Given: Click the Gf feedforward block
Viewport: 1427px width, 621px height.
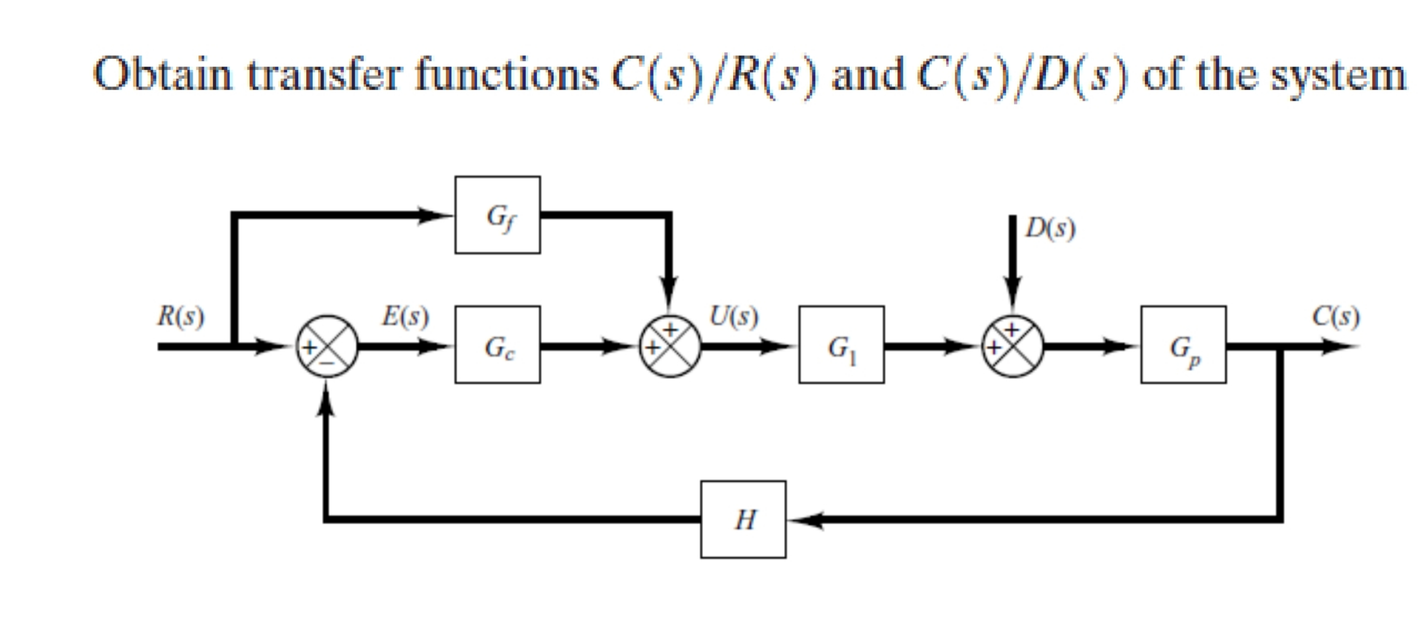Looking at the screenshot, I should point(497,215).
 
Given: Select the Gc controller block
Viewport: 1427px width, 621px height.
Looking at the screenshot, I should point(497,344).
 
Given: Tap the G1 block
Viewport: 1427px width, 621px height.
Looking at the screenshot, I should point(841,344).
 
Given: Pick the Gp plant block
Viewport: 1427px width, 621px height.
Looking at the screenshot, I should point(1183,344).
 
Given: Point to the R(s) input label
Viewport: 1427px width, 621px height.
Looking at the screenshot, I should point(180,316).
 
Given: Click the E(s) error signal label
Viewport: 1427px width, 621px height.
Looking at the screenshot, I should point(405,316).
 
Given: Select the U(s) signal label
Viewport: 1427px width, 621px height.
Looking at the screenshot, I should point(734,316).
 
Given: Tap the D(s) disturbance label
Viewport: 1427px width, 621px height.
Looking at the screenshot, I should point(1050,228).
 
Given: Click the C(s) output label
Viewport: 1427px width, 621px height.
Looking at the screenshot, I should point(1335,316).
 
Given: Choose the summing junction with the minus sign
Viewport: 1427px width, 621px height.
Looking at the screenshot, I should point(327,346).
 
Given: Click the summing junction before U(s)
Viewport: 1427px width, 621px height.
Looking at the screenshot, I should point(670,346).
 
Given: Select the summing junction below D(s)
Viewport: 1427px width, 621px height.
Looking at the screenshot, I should point(1013,346).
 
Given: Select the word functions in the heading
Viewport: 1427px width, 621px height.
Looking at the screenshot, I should point(507,75).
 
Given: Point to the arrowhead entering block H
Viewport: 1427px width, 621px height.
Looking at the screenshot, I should point(803,520).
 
